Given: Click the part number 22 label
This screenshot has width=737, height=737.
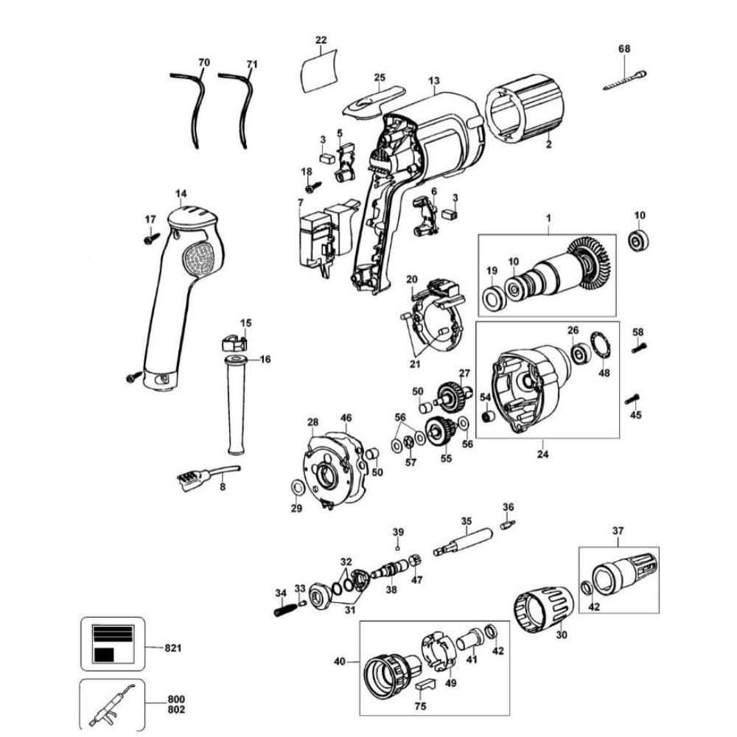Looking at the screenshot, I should pos(321,39).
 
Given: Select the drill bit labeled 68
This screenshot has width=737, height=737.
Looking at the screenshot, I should pos(625,78).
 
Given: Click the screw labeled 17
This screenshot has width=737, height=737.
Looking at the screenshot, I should pos(152,238).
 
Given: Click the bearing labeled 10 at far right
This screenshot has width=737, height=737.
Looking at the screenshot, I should pos(638,241).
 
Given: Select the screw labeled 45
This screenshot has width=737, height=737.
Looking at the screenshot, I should pos(632,399).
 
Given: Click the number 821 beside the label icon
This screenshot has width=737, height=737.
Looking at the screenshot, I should pos(173,648).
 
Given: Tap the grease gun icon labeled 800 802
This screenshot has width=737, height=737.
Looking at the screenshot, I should pos(111,705).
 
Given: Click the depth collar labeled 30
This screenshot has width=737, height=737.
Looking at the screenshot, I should pos(544,609).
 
